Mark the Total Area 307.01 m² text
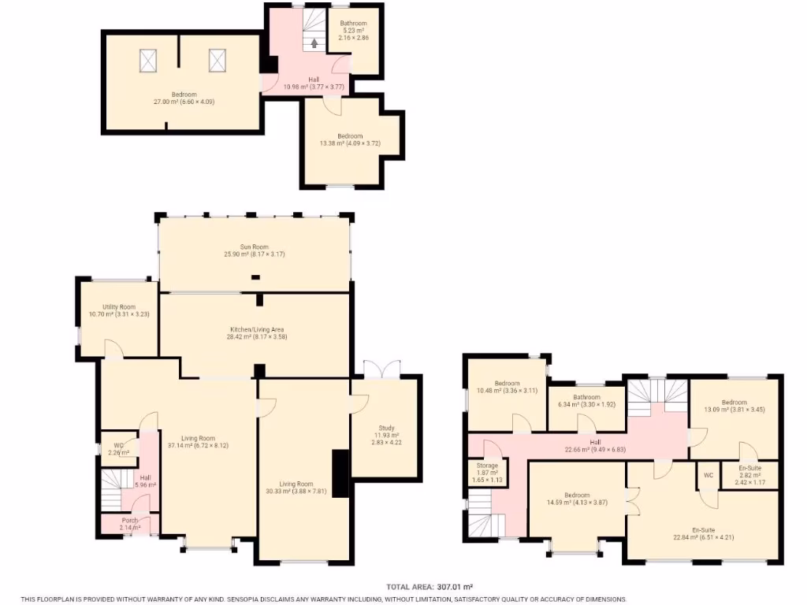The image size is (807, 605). click(x=430, y=587)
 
